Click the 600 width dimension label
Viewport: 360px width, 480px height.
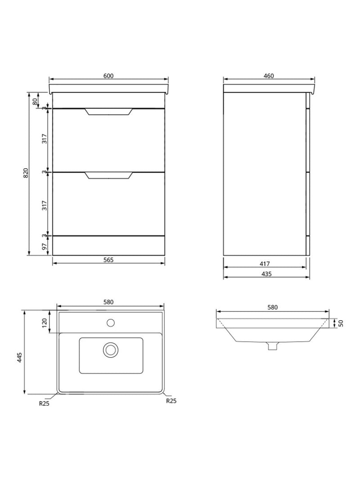[108, 76]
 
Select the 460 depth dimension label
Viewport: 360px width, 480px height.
[269, 76]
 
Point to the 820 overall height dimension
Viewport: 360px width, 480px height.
[26, 174]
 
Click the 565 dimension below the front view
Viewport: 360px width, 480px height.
[108, 260]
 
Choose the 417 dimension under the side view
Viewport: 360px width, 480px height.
[265, 264]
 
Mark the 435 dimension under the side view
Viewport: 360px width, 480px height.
[265, 273]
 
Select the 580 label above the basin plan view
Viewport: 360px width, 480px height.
[108, 302]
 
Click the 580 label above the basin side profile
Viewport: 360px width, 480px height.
[272, 307]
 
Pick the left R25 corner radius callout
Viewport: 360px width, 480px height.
[44, 404]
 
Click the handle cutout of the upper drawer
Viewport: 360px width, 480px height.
[109, 112]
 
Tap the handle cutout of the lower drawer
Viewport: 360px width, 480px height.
[109, 175]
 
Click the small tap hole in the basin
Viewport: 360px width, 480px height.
[110, 322]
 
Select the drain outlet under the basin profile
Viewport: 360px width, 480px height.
[271, 345]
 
